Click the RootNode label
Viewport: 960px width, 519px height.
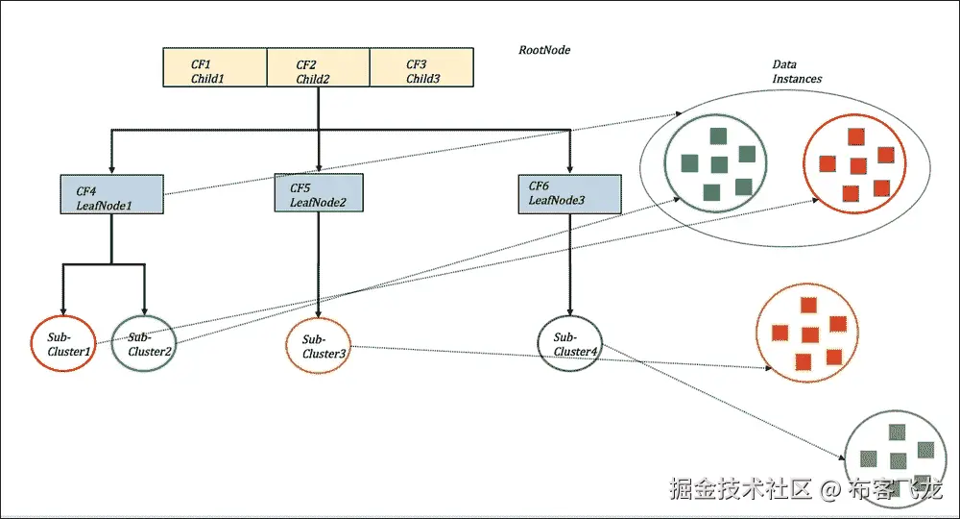point(544,50)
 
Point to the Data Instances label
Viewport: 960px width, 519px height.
point(797,72)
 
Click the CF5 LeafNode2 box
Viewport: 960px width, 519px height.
point(319,194)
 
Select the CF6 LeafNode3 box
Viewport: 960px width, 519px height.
point(570,194)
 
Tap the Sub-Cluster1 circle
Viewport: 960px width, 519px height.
point(63,344)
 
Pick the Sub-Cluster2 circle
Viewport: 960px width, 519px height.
point(145,344)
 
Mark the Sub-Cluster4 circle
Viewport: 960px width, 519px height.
point(572,344)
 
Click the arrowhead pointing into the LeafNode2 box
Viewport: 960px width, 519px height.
point(319,169)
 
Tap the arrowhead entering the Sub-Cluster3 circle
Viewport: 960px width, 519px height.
point(319,313)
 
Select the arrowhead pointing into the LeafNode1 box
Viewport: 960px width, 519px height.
point(112,170)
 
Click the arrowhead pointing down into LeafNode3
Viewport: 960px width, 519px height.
point(570,169)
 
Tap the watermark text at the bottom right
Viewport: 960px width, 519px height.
point(806,489)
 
